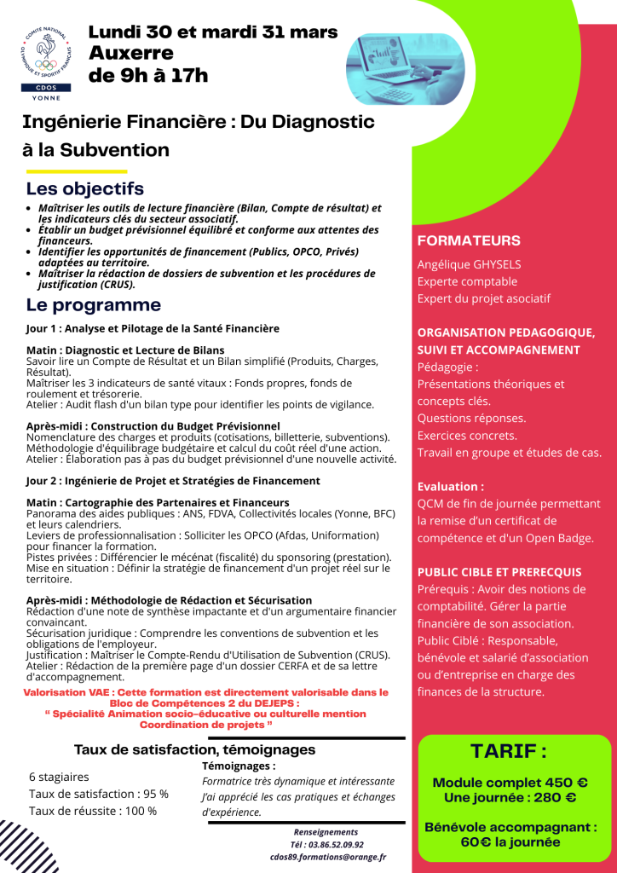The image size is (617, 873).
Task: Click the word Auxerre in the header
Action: coord(131,53)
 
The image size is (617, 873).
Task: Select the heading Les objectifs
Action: coord(85,188)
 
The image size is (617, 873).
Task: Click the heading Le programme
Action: coord(93,304)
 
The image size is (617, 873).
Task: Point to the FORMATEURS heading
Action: coord(469,240)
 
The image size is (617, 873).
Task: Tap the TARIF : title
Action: coord(508,751)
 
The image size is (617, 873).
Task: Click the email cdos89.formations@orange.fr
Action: coord(328,857)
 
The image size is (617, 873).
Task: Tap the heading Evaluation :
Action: coord(450,486)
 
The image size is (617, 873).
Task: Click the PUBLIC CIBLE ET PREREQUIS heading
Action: coord(499,571)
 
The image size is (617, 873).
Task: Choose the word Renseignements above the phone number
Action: coord(326,831)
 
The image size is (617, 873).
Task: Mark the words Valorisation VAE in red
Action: coord(68,692)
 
